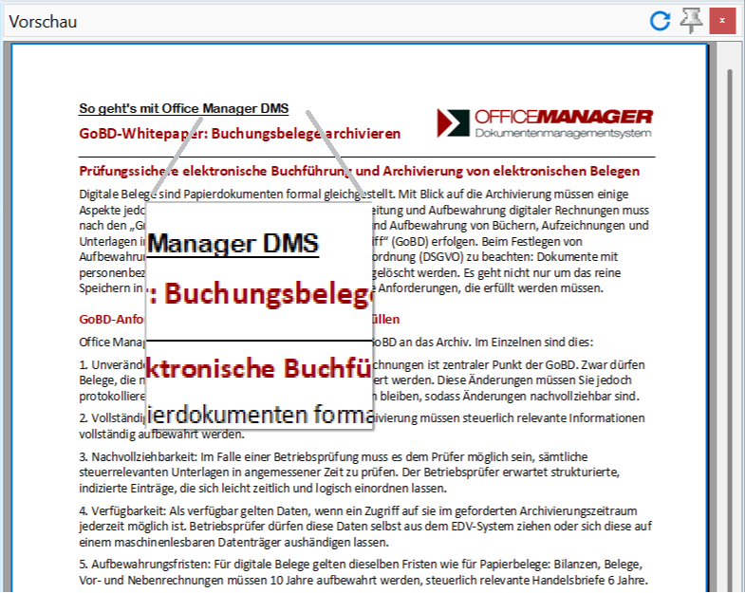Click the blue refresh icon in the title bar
(x=660, y=21)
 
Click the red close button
(x=723, y=21)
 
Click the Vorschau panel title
(x=44, y=22)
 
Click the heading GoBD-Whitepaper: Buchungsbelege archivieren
(x=239, y=134)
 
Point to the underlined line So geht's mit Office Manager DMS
(x=183, y=108)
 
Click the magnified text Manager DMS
(x=233, y=243)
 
